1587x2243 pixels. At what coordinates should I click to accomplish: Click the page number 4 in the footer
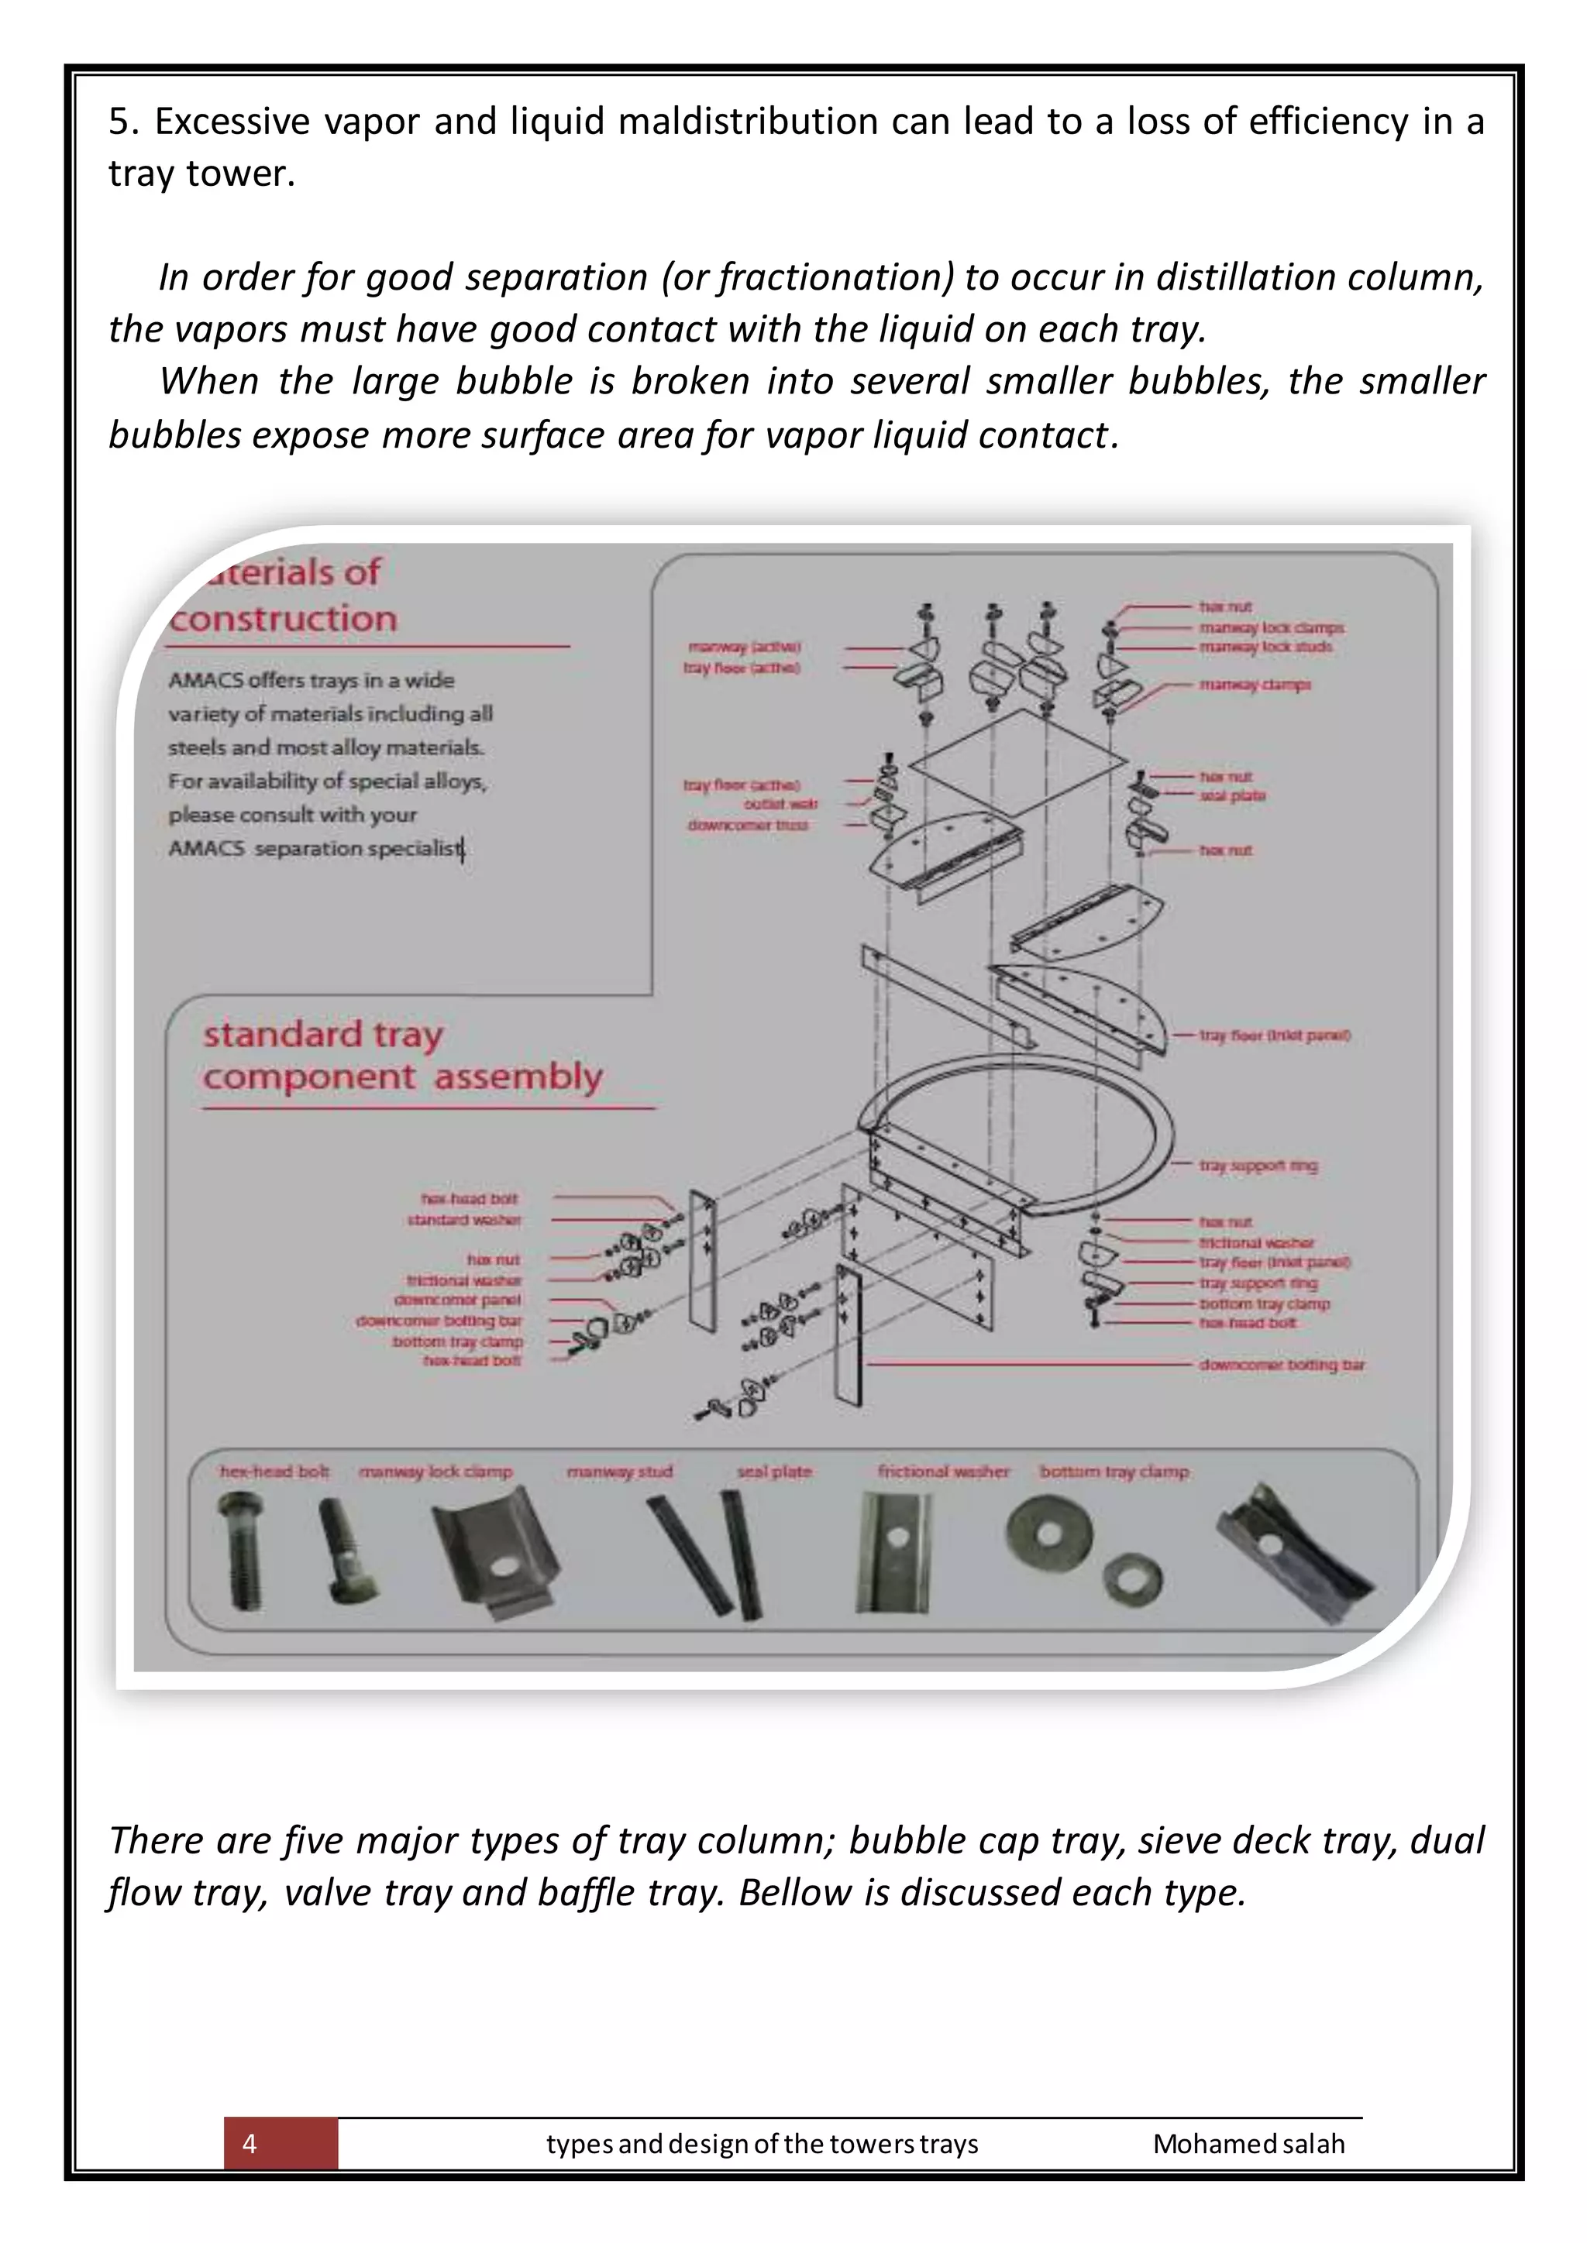250,2143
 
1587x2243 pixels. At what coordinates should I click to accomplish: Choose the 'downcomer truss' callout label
748,825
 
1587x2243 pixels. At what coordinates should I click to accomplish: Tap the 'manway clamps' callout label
1255,685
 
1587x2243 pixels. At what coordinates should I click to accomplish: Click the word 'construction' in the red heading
284,618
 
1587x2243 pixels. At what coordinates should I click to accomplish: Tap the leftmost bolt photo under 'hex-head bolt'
241,1551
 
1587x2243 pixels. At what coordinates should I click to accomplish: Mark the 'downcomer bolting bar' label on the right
1281,1365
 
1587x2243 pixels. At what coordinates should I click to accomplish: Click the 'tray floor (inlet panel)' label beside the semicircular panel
1274,1035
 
